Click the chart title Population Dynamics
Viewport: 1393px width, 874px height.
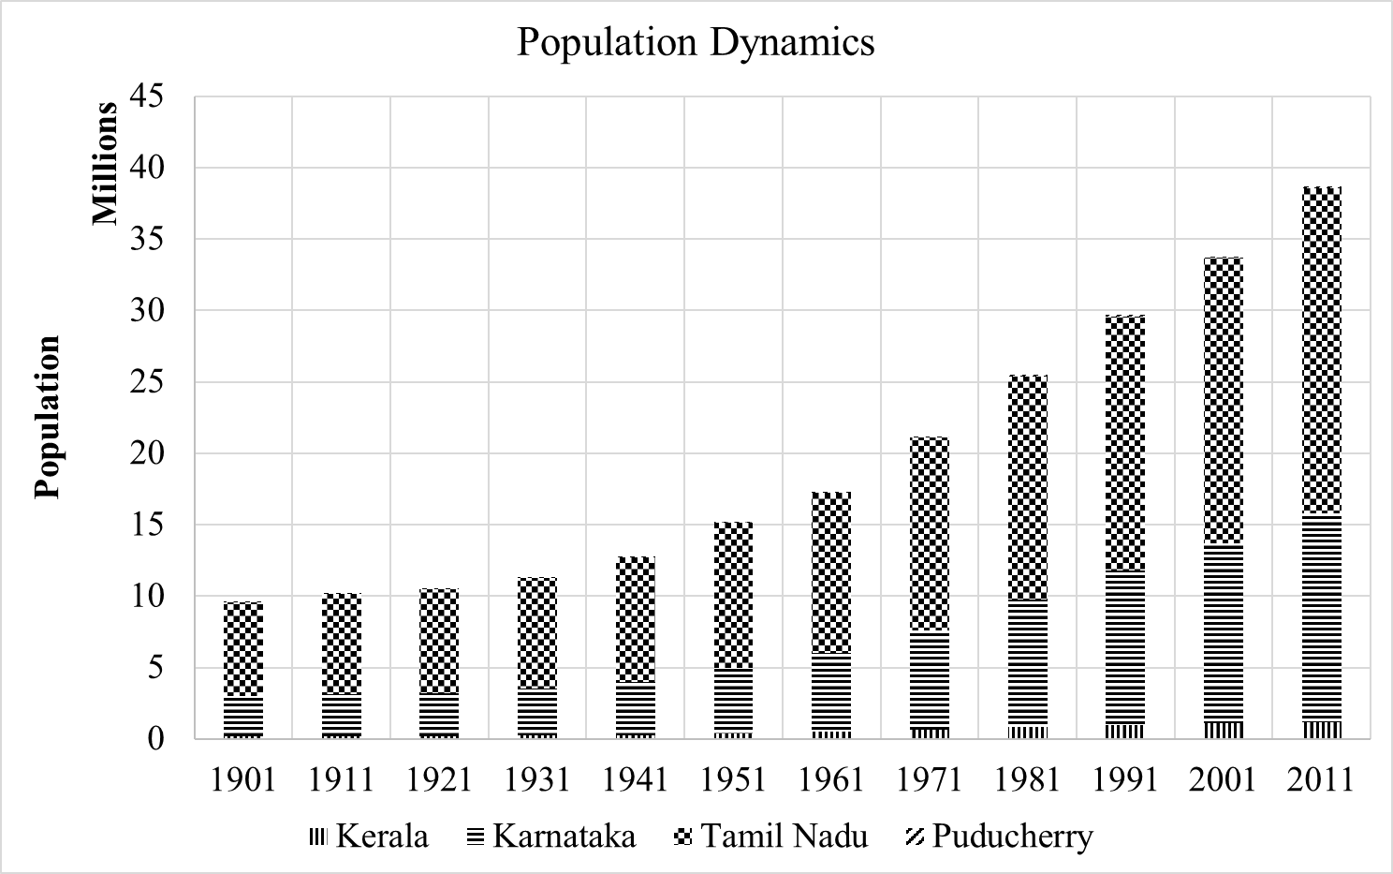(696, 43)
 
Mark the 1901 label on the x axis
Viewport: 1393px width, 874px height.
(243, 779)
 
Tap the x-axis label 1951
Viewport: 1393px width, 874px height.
(734, 779)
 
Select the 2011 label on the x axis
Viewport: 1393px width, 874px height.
(1321, 779)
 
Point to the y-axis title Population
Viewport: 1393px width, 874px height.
(47, 417)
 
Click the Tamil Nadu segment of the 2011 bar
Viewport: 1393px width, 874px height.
(1321, 351)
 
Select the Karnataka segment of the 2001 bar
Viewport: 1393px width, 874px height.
(1223, 632)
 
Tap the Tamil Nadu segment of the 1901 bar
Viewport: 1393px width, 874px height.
(243, 648)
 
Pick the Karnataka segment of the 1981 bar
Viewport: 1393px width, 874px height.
(1027, 661)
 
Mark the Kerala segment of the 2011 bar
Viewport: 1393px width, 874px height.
(1321, 729)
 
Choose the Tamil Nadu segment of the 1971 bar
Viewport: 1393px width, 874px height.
(929, 534)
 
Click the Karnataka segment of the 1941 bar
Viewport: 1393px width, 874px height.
(636, 707)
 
